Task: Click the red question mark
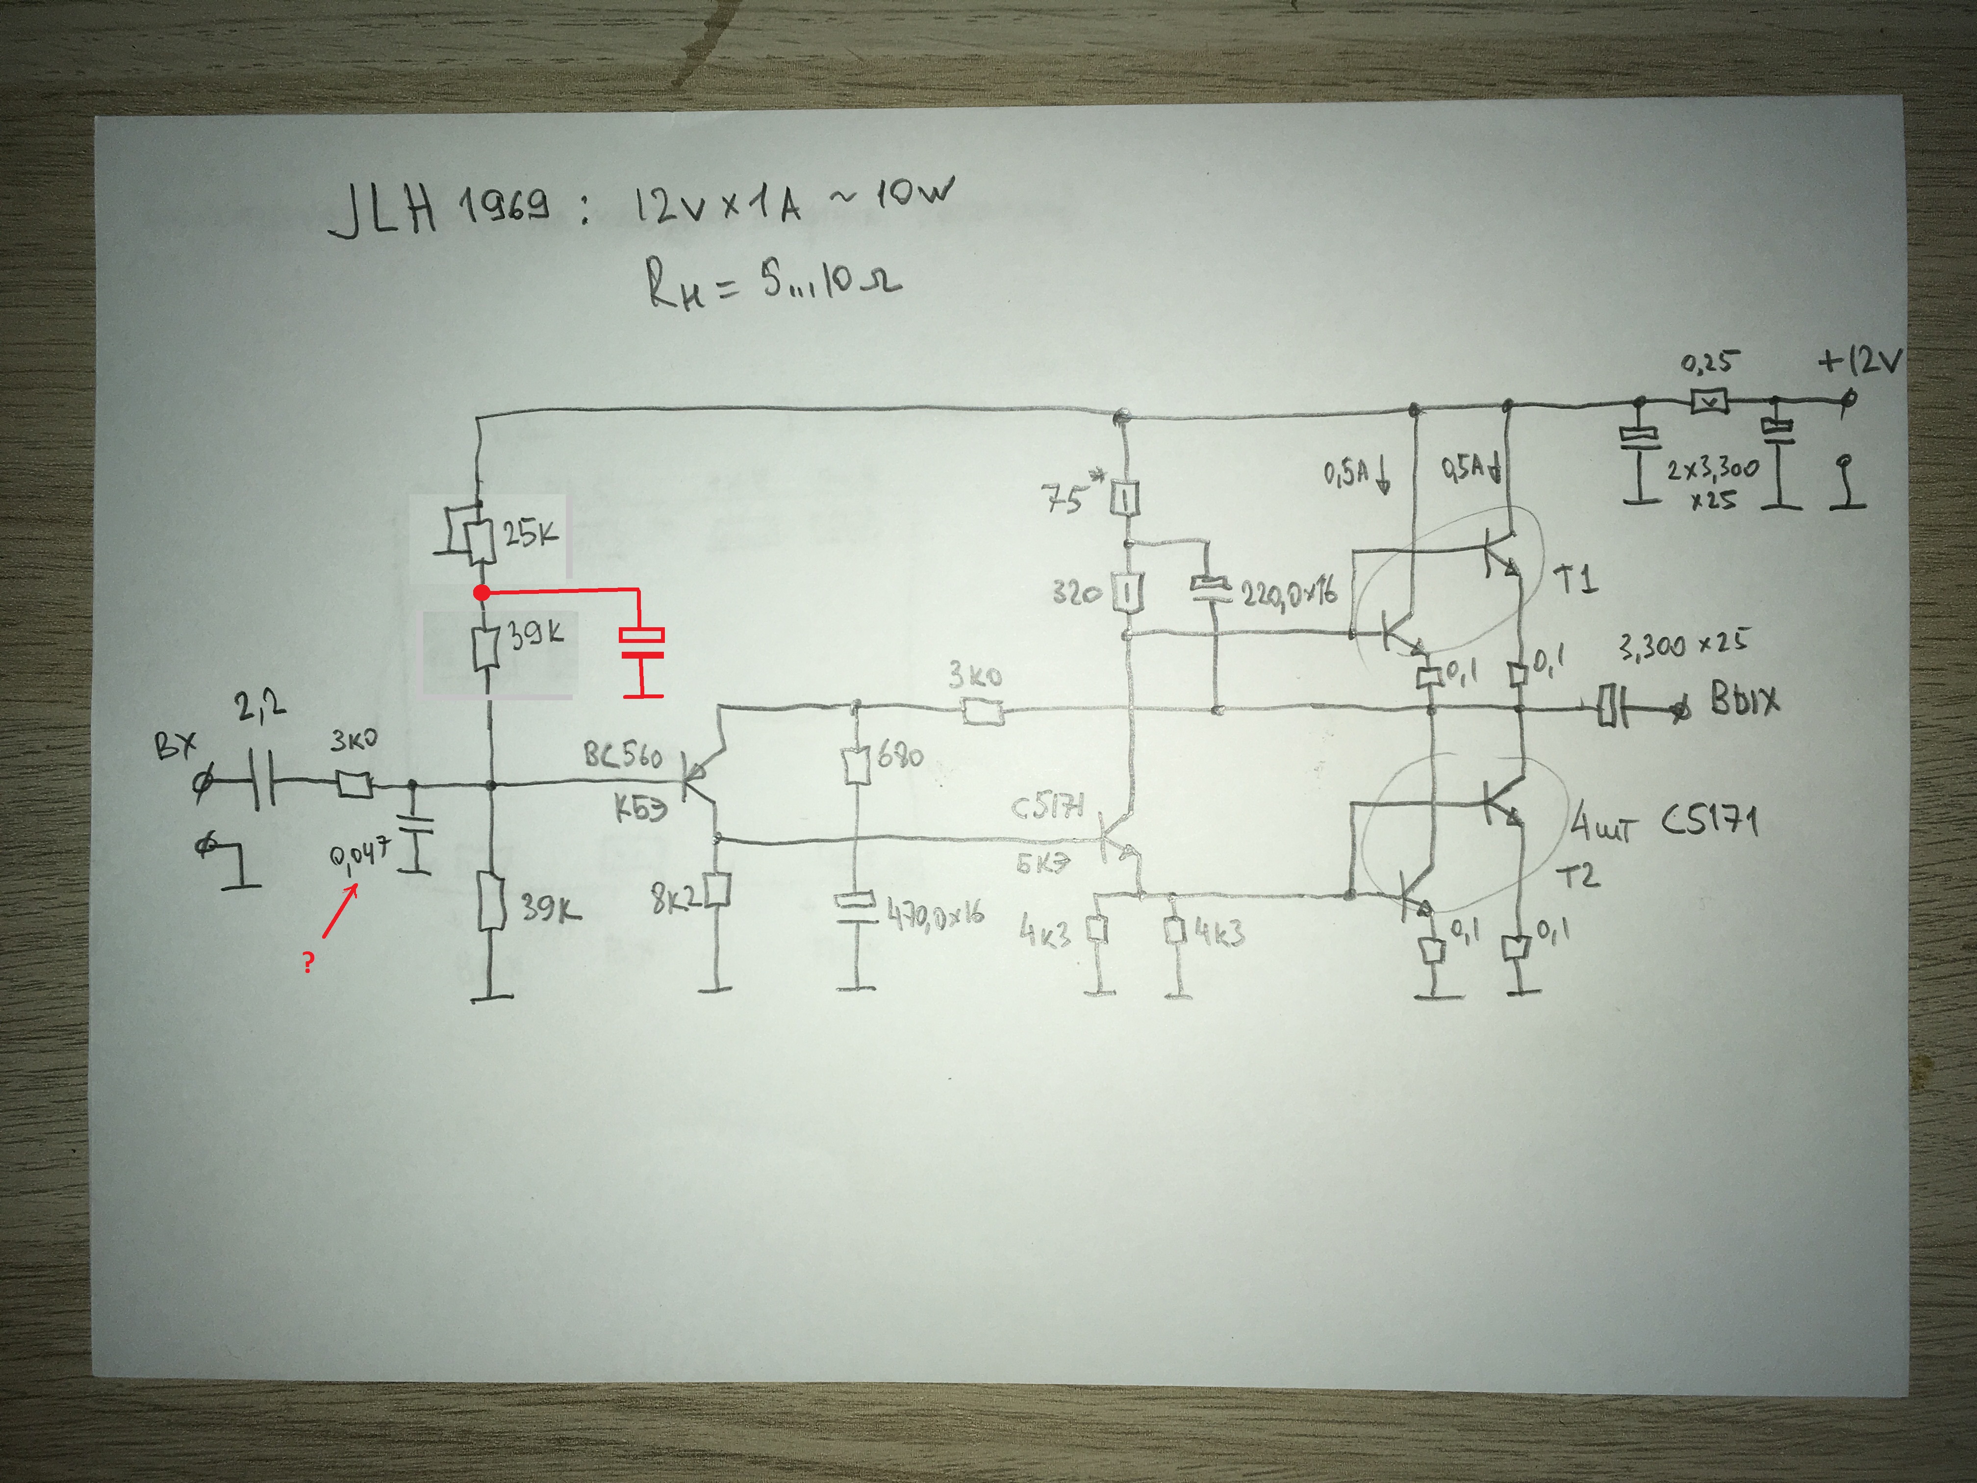click(x=308, y=963)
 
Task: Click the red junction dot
click(x=481, y=593)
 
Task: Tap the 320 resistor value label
click(x=1076, y=593)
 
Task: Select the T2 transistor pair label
click(x=1577, y=876)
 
